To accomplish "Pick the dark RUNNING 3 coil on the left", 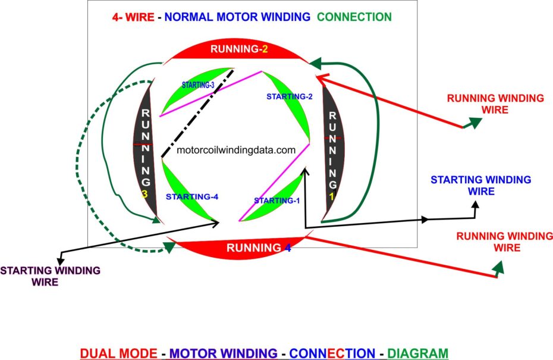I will pyautogui.click(x=146, y=152).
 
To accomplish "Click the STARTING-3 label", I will pyautogui.click(x=198, y=85).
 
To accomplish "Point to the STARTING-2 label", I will pyautogui.click(x=289, y=96).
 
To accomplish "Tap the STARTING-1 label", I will pyautogui.click(x=276, y=201).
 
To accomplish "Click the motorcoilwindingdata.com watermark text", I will pyautogui.click(x=236, y=151).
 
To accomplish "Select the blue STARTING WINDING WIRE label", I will pyautogui.click(x=480, y=185).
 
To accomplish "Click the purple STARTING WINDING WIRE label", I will pyautogui.click(x=50, y=276).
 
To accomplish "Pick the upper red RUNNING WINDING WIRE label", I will pyautogui.click(x=495, y=104).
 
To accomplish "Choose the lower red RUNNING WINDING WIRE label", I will pyautogui.click(x=497, y=242).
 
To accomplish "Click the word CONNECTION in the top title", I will pyautogui.click(x=354, y=17).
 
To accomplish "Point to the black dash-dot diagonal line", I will pyautogui.click(x=196, y=112).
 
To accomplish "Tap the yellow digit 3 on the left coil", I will pyautogui.click(x=144, y=195).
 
